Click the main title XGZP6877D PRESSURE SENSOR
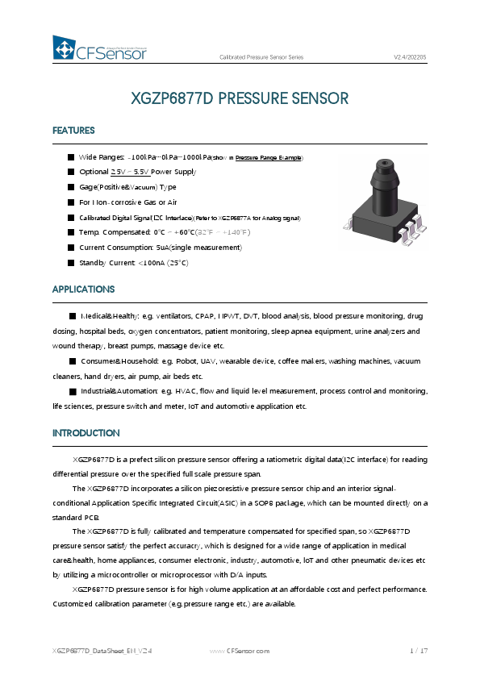(x=240, y=99)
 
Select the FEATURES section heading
(x=73, y=131)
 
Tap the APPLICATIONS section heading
(x=84, y=289)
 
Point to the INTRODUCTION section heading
(x=86, y=433)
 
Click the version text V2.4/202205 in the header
(x=410, y=57)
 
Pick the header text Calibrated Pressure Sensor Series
(x=261, y=57)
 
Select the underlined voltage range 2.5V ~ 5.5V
(x=127, y=173)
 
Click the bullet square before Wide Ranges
(x=71, y=157)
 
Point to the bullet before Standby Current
(x=71, y=262)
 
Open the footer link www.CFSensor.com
(x=239, y=650)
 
